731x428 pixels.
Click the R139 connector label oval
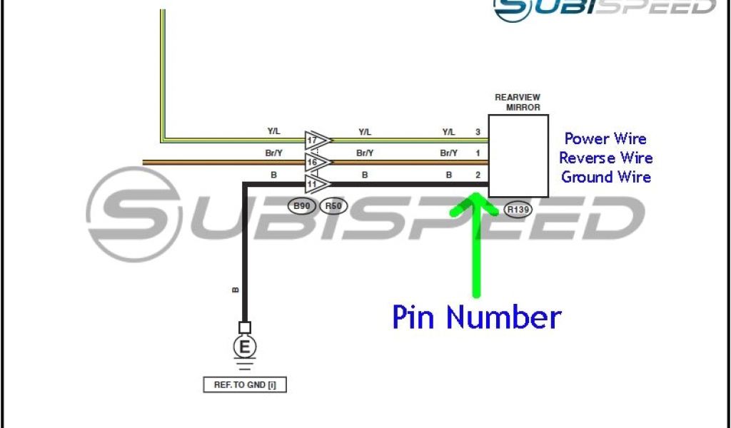pos(518,210)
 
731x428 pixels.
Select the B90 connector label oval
pos(302,205)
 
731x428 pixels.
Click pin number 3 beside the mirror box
pos(478,132)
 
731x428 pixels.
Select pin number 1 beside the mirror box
pos(478,153)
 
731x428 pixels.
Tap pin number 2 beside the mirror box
pos(478,174)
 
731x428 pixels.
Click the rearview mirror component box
pos(518,156)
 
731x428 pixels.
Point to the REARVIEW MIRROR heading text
pos(518,101)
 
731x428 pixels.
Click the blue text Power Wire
pos(605,139)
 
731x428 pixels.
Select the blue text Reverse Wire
pos(605,158)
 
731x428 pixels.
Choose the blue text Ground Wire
pos(605,176)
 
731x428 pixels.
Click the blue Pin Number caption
pos(476,317)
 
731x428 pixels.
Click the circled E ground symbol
pos(245,347)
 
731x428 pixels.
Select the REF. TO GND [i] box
pos(245,385)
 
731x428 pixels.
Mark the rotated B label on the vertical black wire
pos(236,290)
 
